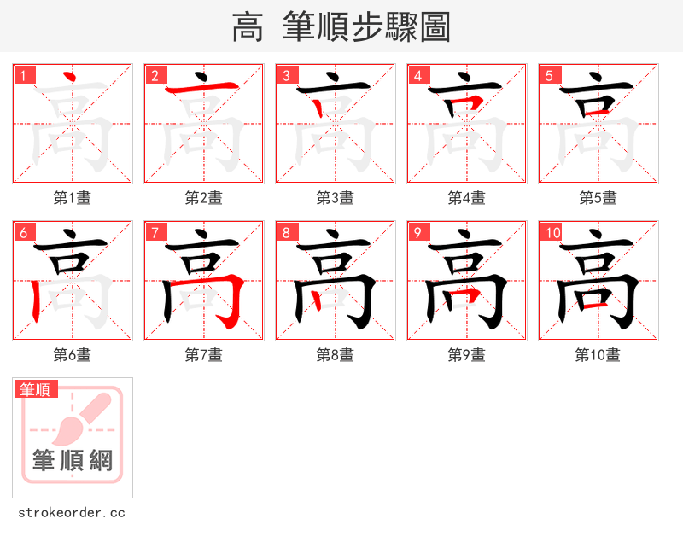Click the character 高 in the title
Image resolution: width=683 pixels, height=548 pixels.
pos(248,27)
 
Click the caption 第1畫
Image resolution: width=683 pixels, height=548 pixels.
pos(73,198)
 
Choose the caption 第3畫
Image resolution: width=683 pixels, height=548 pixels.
pos(336,198)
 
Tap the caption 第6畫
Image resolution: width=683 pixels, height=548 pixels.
pos(73,355)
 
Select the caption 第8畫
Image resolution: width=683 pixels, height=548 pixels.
pos(336,355)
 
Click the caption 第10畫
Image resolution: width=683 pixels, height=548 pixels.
pos(598,355)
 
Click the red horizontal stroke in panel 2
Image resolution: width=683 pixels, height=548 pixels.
pos(203,88)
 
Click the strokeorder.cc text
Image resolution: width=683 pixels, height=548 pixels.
pos(72,513)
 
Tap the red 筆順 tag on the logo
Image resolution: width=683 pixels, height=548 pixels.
pos(36,389)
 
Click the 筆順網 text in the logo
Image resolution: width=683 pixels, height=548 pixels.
pos(73,461)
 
